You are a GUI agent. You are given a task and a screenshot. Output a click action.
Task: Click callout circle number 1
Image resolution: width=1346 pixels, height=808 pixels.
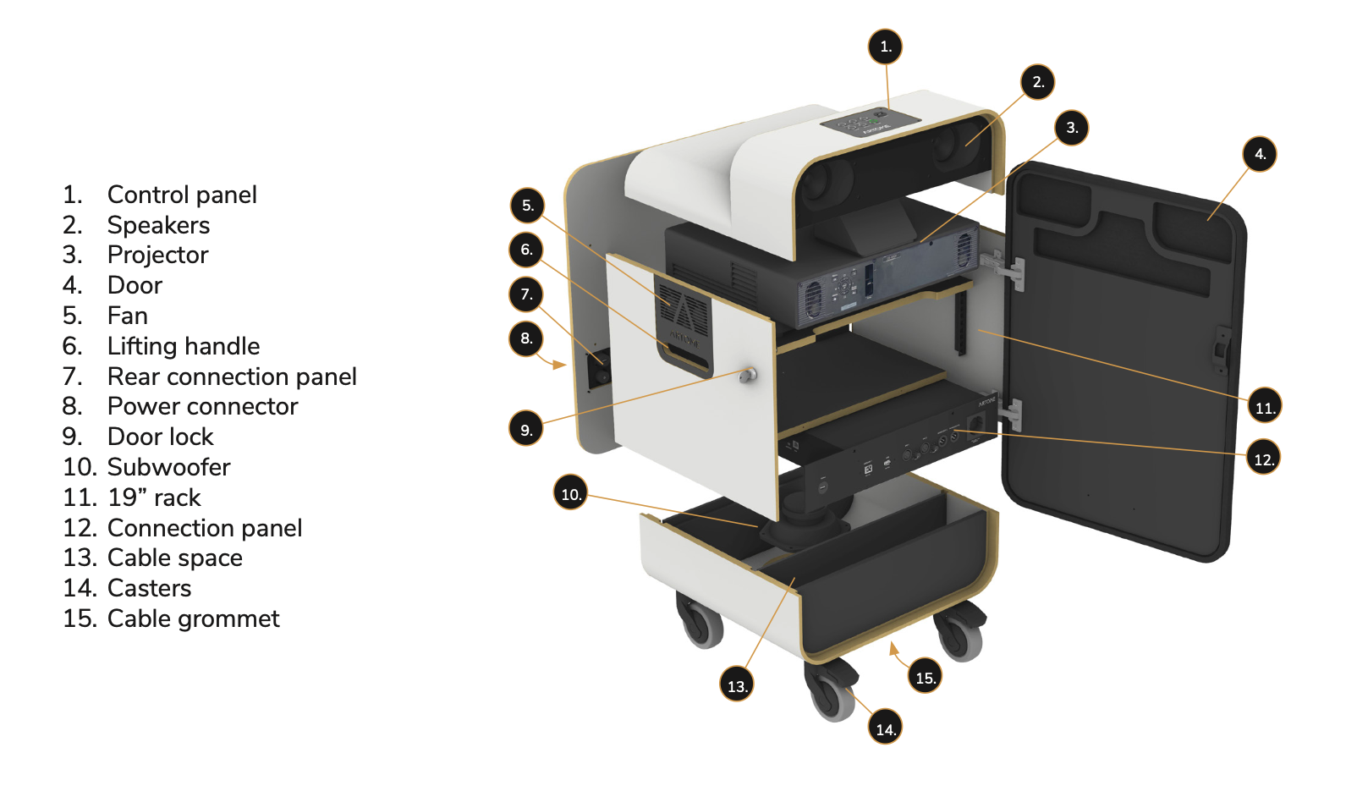tap(885, 47)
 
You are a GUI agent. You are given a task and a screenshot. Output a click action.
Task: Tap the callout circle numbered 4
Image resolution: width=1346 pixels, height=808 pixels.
tap(1260, 154)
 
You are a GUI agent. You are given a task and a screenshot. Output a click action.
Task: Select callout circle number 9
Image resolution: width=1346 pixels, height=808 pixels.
tap(525, 429)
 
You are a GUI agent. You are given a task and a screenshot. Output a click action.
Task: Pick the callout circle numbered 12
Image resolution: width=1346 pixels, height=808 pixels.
tap(1263, 459)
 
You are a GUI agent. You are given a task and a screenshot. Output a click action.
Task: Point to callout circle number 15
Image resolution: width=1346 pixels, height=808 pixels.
tap(925, 677)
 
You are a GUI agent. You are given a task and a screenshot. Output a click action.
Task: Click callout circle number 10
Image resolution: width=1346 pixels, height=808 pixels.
tap(570, 493)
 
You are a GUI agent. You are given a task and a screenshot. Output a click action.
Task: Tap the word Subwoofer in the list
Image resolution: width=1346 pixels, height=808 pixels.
tap(168, 467)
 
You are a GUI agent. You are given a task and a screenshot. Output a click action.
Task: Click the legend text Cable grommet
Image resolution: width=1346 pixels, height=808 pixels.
tap(193, 618)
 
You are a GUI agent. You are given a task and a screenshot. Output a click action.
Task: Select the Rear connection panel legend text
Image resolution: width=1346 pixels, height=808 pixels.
tap(232, 377)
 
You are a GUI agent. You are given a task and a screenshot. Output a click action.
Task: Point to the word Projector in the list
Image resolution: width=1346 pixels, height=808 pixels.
tap(157, 255)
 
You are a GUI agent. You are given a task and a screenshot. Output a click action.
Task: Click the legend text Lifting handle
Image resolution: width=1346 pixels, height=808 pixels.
tap(184, 346)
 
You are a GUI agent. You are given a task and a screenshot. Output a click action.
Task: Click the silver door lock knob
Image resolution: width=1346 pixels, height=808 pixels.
tap(747, 376)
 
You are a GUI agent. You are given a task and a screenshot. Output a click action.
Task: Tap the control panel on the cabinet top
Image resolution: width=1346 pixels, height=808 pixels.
tap(870, 122)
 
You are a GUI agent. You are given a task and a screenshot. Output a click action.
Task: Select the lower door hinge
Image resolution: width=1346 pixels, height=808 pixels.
tap(1009, 414)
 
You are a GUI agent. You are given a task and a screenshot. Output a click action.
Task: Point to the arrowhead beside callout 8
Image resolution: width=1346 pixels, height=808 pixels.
tap(560, 365)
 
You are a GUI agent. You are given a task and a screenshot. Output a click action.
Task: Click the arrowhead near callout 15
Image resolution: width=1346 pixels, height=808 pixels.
tap(893, 647)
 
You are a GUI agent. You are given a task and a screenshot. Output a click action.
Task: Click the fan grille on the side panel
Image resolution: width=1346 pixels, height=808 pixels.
tap(683, 305)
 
